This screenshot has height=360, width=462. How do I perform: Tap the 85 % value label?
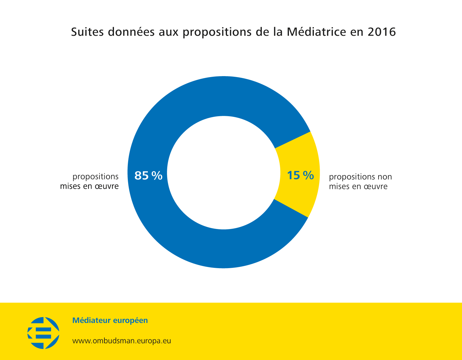[x=148, y=176]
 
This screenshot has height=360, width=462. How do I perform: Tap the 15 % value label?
[x=300, y=175]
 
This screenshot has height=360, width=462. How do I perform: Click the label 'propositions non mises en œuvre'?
[x=360, y=182]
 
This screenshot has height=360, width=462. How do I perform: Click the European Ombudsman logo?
[x=43, y=333]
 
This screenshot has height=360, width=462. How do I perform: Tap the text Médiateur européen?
[x=110, y=321]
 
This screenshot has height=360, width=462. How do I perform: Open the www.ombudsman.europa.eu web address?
[x=122, y=341]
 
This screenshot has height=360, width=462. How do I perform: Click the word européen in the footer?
[x=131, y=321]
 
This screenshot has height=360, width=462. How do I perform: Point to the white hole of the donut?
[x=223, y=173]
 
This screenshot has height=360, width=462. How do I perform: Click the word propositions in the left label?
[x=95, y=177]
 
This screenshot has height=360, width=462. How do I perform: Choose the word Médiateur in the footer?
[x=91, y=321]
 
